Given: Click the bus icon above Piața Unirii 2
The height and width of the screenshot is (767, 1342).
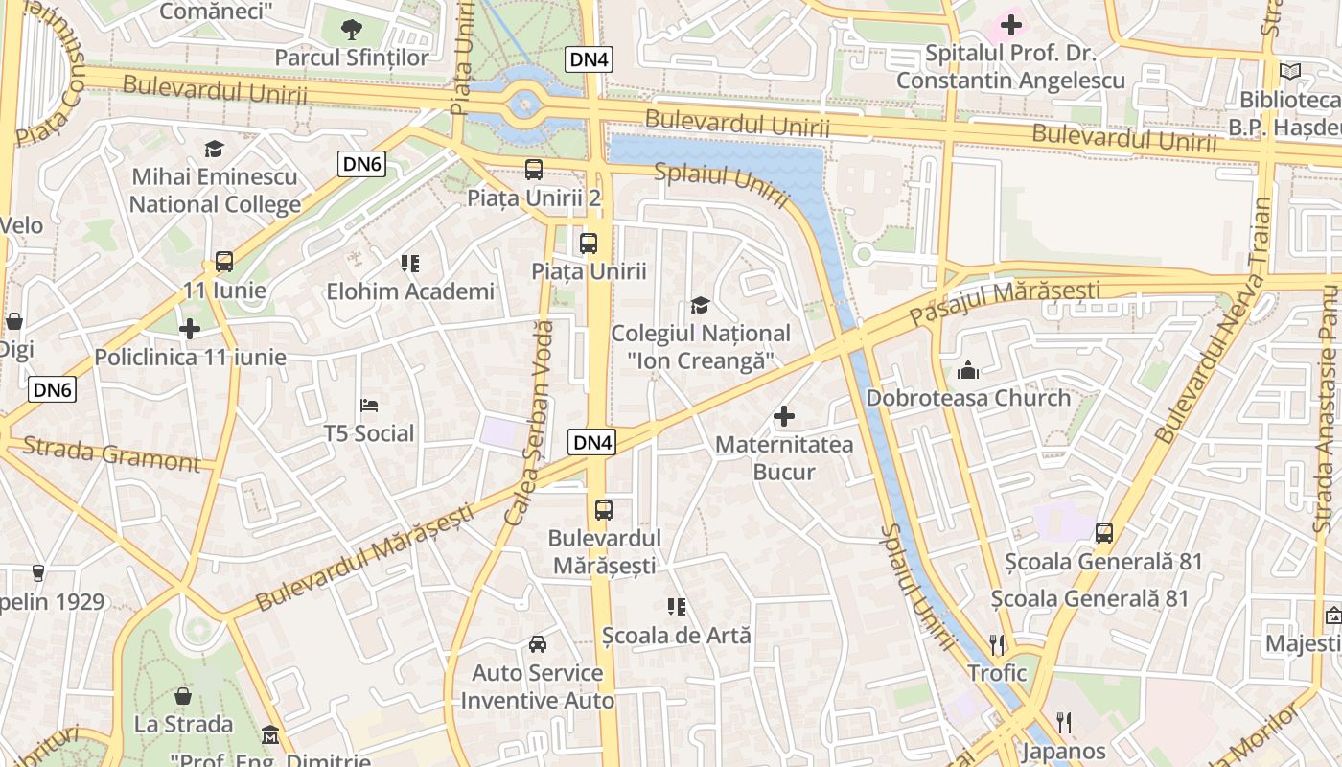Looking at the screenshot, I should click(x=534, y=170).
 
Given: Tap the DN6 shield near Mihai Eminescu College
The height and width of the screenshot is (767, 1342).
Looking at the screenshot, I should click(x=362, y=165).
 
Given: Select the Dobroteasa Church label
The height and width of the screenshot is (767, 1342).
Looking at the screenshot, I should click(x=968, y=398).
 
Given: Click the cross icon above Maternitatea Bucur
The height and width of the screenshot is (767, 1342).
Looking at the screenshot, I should click(x=784, y=416).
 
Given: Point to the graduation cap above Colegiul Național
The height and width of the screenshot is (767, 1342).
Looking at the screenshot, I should click(x=701, y=306).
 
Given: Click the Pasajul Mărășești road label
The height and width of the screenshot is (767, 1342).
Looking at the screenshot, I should click(x=1004, y=300).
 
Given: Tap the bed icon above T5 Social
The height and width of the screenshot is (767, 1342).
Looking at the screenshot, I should click(x=369, y=407).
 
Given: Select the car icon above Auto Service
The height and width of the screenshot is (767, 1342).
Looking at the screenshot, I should click(x=538, y=644).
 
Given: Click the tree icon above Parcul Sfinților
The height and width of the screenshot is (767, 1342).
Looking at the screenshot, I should click(x=352, y=29).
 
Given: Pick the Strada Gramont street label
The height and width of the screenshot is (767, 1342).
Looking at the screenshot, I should click(x=111, y=453).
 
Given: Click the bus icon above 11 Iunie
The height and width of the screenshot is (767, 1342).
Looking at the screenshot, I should click(x=224, y=261).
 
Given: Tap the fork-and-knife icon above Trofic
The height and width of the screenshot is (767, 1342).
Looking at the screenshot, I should click(x=997, y=644).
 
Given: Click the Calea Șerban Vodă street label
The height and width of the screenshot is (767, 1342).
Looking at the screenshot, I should click(x=529, y=422).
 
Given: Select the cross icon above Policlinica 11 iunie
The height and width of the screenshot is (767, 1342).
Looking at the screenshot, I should click(x=190, y=329).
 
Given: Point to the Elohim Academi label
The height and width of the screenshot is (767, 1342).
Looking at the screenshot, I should click(x=410, y=291).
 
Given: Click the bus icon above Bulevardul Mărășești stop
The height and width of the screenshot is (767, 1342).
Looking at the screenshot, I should click(x=603, y=510).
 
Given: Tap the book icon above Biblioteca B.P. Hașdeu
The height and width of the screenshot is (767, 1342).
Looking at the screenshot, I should click(x=1290, y=71).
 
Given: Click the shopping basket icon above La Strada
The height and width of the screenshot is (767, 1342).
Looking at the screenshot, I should click(x=183, y=696).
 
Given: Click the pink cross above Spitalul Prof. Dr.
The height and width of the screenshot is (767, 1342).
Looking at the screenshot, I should click(x=1011, y=24).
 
